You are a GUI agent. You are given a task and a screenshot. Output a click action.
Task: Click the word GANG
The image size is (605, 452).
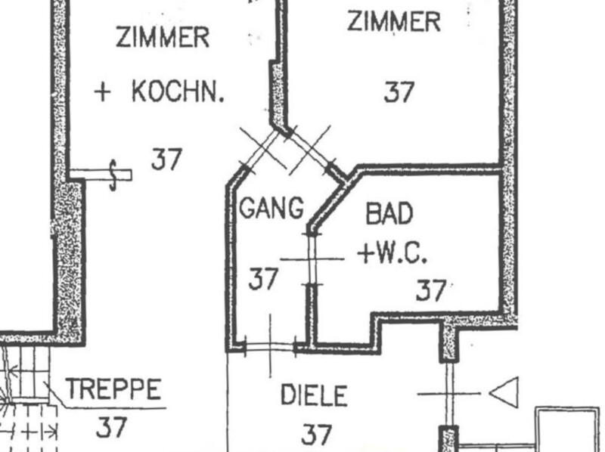[271, 207]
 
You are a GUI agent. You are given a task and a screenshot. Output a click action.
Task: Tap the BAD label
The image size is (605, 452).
[389, 214]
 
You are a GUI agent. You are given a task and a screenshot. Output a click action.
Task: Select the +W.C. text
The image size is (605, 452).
[393, 254]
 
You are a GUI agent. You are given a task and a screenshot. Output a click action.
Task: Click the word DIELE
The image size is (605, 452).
[314, 395]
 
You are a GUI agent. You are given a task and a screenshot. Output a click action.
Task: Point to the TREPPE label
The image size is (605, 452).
[113, 390]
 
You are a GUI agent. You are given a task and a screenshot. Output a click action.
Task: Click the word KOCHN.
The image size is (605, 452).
[178, 92]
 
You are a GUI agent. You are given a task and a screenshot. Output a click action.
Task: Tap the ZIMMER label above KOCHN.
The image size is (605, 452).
[163, 36]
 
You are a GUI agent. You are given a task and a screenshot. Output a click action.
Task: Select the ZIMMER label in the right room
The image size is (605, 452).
[393, 21]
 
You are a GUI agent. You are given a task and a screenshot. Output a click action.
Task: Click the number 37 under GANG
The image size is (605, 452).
[264, 279]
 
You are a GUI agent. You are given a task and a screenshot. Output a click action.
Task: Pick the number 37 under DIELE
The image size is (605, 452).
[316, 434]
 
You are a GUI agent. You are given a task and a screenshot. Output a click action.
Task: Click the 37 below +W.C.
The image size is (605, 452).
[431, 289]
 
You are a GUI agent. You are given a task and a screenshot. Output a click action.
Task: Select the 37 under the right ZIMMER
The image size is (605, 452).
[399, 92]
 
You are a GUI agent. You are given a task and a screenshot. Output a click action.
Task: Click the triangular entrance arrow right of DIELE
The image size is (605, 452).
[504, 393]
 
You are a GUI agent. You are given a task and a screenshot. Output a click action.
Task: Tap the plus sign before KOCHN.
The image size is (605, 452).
[103, 92]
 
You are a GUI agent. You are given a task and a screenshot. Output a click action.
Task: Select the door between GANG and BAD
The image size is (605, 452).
[312, 259]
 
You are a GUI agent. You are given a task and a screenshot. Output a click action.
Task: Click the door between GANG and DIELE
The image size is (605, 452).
[271, 347]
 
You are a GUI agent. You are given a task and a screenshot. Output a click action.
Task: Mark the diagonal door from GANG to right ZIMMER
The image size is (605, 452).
[310, 150]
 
